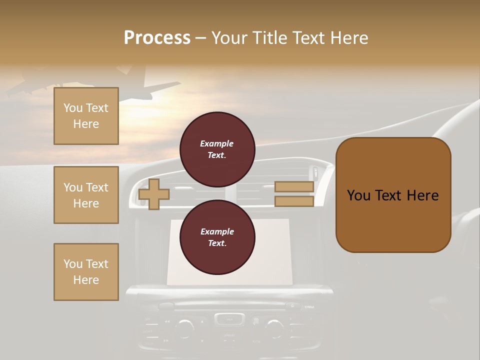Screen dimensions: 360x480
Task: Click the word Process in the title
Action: pyautogui.click(x=157, y=38)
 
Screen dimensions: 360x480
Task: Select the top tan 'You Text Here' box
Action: pyautogui.click(x=86, y=116)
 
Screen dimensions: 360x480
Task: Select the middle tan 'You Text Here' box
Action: pyautogui.click(x=86, y=195)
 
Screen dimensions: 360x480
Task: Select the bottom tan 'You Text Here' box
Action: pyautogui.click(x=86, y=271)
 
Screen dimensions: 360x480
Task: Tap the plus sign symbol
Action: pyautogui.click(x=154, y=194)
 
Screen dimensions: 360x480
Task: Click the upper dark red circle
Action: pyautogui.click(x=217, y=149)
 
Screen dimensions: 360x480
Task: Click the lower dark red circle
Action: pyautogui.click(x=217, y=237)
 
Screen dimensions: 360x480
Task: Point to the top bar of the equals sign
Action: pyautogui.click(x=294, y=187)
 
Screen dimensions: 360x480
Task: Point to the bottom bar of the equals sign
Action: pyautogui.click(x=294, y=201)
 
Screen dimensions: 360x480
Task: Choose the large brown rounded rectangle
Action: pyautogui.click(x=393, y=194)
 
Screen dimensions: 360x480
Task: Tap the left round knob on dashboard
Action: pyautogui.click(x=184, y=327)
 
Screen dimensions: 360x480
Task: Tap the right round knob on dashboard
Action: pyautogui.click(x=274, y=327)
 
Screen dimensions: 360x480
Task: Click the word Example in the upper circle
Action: pyautogui.click(x=216, y=143)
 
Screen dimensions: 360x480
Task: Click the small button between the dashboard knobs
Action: pyautogui.click(x=229, y=318)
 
